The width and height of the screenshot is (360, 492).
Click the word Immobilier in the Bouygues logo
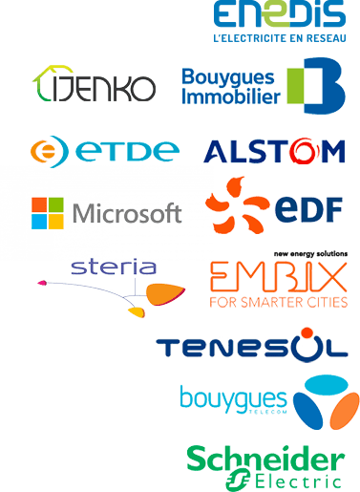[x=230, y=97]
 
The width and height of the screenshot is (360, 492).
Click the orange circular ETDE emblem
[x=48, y=152]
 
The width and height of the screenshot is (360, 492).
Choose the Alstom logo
[x=274, y=152]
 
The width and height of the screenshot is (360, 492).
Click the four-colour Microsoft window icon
[x=49, y=213]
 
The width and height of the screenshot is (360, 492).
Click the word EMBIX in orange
[x=278, y=277]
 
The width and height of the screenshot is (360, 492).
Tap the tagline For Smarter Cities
[x=278, y=303]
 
